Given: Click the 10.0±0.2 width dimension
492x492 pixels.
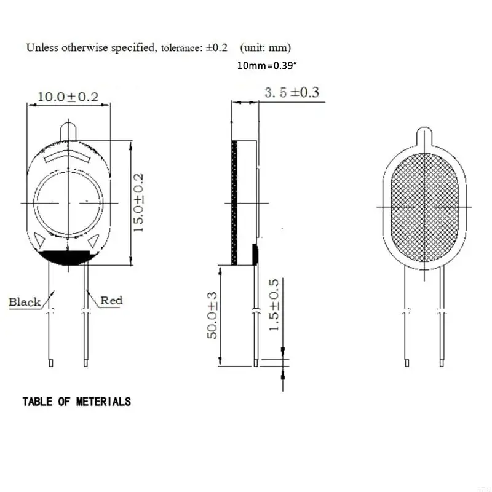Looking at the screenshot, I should (68, 97).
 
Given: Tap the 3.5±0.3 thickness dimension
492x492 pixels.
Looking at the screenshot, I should (292, 93).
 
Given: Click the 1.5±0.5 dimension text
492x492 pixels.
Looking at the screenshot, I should (274, 306).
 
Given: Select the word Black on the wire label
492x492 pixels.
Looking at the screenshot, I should (25, 302).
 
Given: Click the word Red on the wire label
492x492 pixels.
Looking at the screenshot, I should (111, 300).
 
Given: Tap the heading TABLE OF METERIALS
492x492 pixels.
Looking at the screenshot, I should (76, 402).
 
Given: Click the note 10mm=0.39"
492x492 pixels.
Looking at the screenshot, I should (267, 65).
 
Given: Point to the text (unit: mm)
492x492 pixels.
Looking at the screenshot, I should (266, 47).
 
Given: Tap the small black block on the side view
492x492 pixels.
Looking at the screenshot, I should (255, 252).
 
